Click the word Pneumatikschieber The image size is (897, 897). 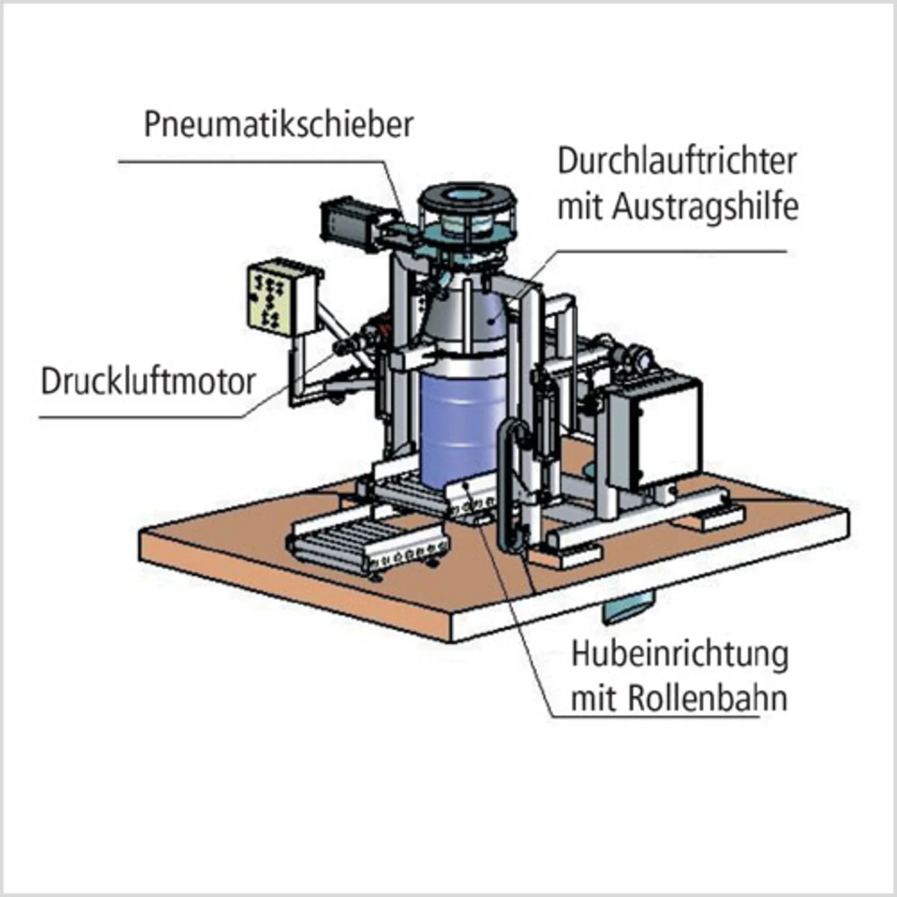click(278, 125)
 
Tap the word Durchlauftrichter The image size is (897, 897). click(677, 161)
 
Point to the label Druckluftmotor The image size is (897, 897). click(149, 382)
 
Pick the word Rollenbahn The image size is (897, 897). click(707, 698)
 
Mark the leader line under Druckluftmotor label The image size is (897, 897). click(140, 418)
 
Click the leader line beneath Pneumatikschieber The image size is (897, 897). click(252, 162)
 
